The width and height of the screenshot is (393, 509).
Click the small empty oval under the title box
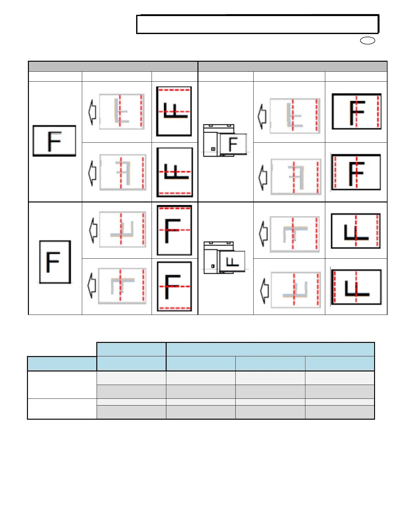click(x=368, y=40)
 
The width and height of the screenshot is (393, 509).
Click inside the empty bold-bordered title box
click(x=258, y=24)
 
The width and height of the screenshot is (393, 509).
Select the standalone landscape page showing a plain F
click(x=55, y=141)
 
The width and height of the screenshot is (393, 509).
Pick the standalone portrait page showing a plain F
click(x=55, y=262)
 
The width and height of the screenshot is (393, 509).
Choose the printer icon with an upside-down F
click(x=225, y=258)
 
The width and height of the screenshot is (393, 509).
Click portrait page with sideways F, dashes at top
click(x=174, y=111)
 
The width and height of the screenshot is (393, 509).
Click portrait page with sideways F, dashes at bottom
click(x=175, y=172)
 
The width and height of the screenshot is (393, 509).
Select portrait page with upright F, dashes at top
click(x=174, y=230)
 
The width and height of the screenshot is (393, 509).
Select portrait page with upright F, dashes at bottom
click(x=174, y=286)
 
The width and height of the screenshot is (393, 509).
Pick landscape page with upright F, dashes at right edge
click(x=356, y=112)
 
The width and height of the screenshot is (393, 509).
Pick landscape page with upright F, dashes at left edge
click(x=356, y=172)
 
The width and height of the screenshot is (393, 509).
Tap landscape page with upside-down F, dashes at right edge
click(x=356, y=231)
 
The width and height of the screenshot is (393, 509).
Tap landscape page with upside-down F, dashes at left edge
click(x=356, y=287)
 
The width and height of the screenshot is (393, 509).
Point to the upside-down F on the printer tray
click(x=232, y=262)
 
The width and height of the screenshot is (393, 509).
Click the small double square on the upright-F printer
click(x=213, y=149)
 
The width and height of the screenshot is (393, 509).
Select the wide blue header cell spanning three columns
click(x=270, y=349)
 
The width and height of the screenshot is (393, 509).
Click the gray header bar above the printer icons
click(x=293, y=67)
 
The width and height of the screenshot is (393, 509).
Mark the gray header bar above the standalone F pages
click(x=113, y=67)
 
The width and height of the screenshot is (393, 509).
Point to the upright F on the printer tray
click(x=233, y=144)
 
